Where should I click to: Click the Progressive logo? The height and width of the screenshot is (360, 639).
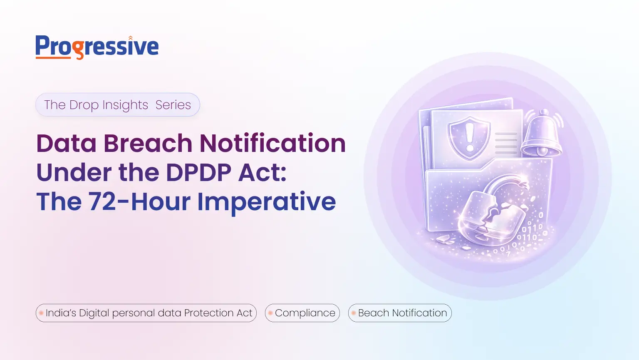pos(97,47)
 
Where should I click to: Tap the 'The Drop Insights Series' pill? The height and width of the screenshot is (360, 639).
pos(117,105)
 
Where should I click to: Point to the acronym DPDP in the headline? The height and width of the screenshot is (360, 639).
pos(198,173)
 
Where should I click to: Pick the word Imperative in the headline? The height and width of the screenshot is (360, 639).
pos(266,202)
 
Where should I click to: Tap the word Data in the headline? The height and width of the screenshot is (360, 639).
pos(67,144)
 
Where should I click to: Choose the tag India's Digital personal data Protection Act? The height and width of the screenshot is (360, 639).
pos(146,313)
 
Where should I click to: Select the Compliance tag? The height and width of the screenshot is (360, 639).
pos(302,313)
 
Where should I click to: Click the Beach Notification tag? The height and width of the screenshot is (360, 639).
pos(400,313)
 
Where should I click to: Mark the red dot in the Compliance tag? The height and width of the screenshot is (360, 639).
pos(270,313)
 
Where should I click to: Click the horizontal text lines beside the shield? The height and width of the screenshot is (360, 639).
pos(506,143)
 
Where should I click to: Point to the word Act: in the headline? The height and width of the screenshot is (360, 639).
pos(262,173)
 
